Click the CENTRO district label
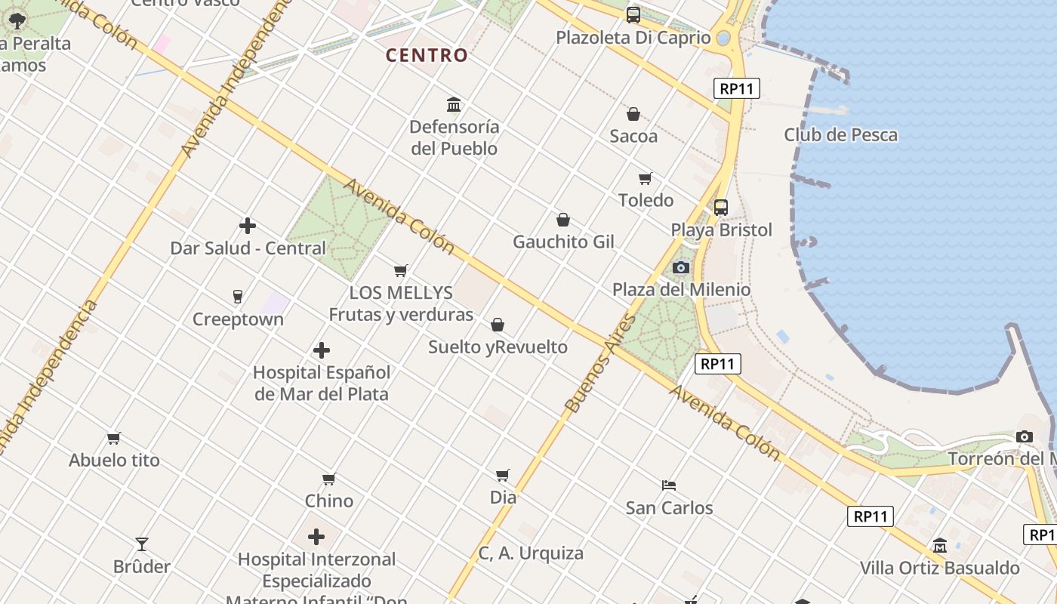(427, 55)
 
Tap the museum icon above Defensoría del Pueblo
(454, 104)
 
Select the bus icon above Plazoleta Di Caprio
(633, 14)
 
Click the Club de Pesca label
(840, 135)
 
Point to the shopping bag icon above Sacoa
(633, 114)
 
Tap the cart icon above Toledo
(646, 178)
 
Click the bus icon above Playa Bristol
(721, 207)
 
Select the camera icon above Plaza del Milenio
(681, 267)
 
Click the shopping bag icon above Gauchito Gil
(563, 220)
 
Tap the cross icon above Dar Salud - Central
(248, 226)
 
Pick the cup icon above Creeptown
(238, 297)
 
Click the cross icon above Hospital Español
(322, 350)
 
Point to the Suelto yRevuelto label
(498, 347)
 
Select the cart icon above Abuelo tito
(114, 438)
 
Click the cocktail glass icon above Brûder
(142, 544)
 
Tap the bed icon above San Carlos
(669, 485)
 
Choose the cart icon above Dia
(503, 475)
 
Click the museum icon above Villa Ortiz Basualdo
(940, 545)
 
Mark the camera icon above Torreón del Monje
(1025, 436)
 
